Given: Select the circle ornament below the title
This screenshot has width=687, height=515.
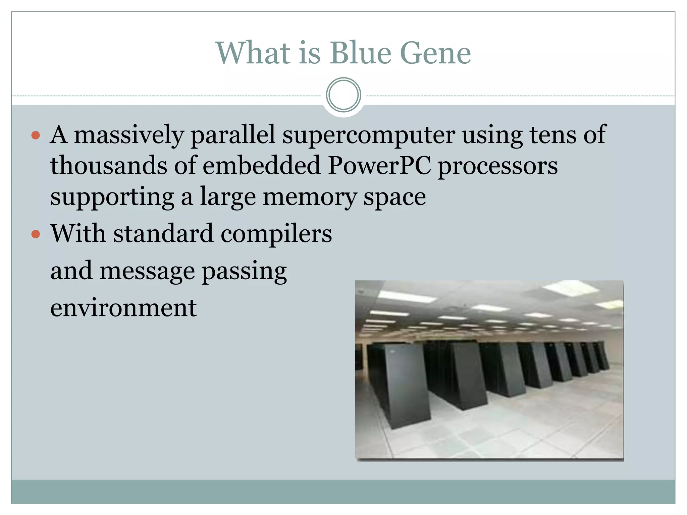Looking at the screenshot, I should click(343, 95).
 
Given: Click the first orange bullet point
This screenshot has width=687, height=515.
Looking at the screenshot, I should click(36, 135).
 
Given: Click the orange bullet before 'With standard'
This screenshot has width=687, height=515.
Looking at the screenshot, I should click(36, 234).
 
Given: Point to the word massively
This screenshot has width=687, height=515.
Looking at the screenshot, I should click(129, 135).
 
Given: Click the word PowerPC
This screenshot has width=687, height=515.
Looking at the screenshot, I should click(379, 166).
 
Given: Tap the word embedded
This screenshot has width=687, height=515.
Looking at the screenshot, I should click(262, 166).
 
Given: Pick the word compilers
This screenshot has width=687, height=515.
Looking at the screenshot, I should click(276, 234).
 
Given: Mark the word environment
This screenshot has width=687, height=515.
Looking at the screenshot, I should click(123, 308).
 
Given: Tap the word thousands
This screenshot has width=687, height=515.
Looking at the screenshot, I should click(109, 166).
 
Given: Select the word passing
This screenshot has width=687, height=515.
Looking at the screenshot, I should click(244, 271).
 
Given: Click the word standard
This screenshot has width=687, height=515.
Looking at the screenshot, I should click(163, 234).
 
